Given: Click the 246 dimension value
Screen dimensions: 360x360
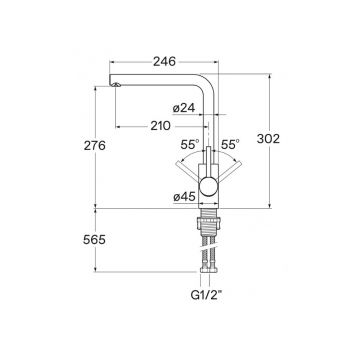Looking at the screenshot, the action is click(164, 61).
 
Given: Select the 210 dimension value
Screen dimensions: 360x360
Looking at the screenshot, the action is click(160, 126).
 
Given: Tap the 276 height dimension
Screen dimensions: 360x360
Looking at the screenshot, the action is click(95, 146).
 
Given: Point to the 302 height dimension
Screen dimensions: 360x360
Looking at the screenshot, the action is click(268, 139).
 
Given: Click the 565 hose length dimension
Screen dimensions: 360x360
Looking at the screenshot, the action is click(94, 240).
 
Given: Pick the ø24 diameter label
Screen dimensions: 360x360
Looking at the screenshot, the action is click(184, 108).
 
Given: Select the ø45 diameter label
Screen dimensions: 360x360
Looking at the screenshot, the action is click(184, 197).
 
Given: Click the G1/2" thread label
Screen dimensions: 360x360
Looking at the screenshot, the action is click(206, 295).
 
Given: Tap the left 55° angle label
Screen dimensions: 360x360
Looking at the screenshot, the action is click(190, 144).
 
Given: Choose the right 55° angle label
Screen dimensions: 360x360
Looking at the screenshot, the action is click(230, 144).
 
